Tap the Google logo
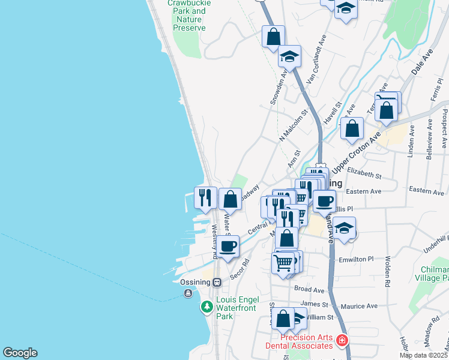tap(20, 353)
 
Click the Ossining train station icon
tap(217, 282)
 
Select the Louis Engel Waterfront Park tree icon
tap(206, 307)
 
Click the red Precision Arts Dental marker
tap(342, 341)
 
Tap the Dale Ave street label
tap(422, 62)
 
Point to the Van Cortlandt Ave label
tap(316, 58)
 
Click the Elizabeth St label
tap(364, 174)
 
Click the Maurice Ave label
tap(359, 306)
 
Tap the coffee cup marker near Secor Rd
tap(228, 246)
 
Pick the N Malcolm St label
tap(294, 126)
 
